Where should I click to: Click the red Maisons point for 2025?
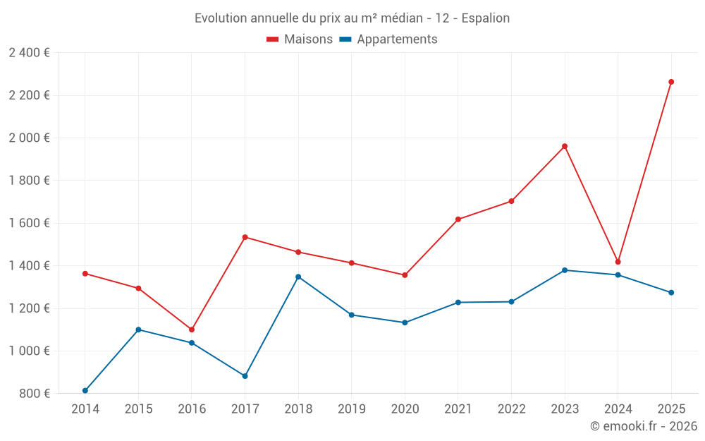pos(671,82)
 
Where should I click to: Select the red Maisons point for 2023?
pos(565,146)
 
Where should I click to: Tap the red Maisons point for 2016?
pos(192,330)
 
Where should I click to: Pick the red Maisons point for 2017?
pos(245,237)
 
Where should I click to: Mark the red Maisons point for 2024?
pos(618,262)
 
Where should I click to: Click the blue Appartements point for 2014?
pos(85,390)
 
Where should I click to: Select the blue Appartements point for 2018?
pos(298,277)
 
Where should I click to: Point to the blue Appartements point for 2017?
pos(245,376)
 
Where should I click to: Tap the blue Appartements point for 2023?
pos(565,270)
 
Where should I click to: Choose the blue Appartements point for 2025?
pos(671,292)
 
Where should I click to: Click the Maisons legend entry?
pos(300,40)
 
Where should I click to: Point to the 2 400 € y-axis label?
pos(29,53)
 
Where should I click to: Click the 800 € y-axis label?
pos(34,394)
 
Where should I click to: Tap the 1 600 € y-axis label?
pos(29,223)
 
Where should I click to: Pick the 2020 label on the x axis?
pos(405,409)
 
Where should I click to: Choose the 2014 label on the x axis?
pos(85,409)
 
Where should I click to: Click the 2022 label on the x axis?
pos(511,409)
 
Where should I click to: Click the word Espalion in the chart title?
pos(485,18)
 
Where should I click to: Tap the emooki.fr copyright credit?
pos(644,426)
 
